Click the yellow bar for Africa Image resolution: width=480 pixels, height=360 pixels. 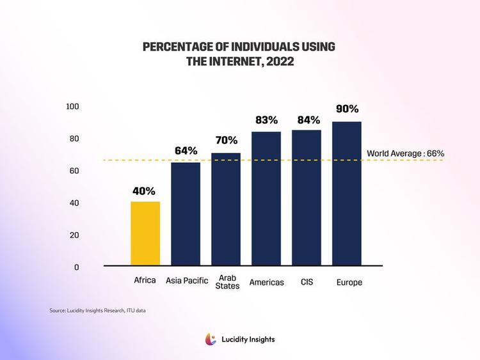pos(145,233)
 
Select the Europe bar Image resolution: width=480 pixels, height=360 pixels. pos(347,193)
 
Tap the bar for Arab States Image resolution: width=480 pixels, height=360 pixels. pos(226,209)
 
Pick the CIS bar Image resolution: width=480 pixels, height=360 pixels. pos(307,198)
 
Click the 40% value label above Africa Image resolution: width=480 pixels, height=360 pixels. pos(144,191)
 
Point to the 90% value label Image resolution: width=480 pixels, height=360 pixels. pos(347,109)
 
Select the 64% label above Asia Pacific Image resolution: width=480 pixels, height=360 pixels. pos(186,151)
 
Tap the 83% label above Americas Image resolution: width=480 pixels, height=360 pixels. pos(266,120)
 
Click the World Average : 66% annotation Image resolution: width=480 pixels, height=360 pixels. pos(405,153)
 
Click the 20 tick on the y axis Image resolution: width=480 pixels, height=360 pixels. pos(74,235)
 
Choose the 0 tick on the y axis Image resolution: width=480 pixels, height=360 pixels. pos(76,267)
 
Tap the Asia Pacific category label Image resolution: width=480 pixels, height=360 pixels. pos(187,281)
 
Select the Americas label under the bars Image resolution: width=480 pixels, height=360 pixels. pos(266,282)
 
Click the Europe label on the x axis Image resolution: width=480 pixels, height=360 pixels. pos(349,282)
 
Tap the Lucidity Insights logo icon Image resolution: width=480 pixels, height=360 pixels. pos(210,340)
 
